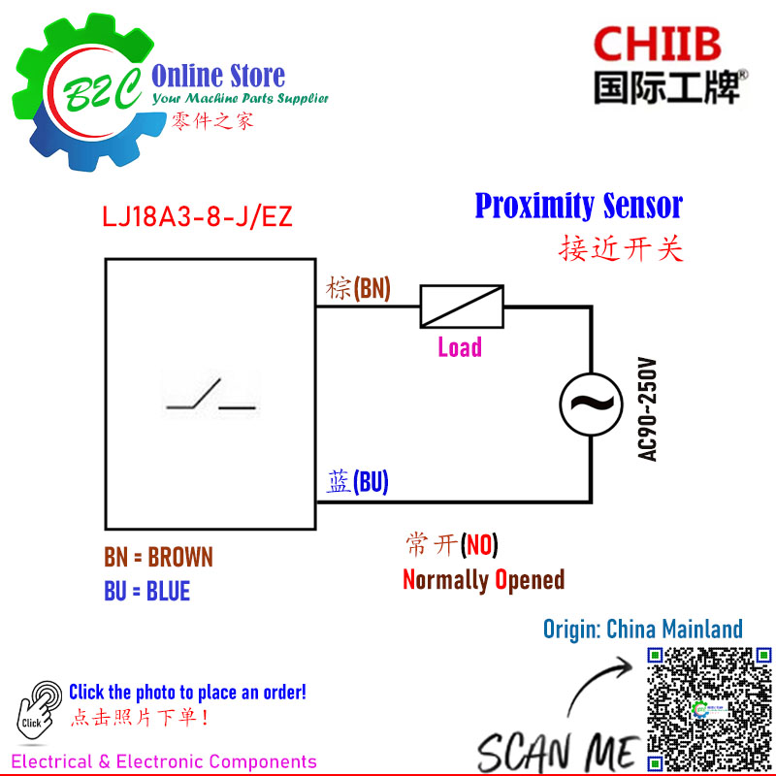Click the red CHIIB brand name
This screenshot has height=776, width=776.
click(658, 44)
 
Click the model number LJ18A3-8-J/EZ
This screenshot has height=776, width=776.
click(197, 216)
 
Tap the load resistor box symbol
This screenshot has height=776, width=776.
click(462, 307)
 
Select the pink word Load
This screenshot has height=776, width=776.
click(460, 347)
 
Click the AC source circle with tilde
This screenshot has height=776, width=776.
click(591, 404)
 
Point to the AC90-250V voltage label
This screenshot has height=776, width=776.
click(647, 409)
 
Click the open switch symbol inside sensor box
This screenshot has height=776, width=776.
click(211, 395)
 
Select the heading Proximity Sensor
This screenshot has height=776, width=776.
click(578, 206)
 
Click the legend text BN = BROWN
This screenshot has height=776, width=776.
click(158, 557)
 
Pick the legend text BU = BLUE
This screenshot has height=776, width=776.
click(147, 591)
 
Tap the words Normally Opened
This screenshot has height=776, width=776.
click(483, 579)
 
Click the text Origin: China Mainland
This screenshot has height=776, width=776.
click(643, 629)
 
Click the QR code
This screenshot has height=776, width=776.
click(709, 710)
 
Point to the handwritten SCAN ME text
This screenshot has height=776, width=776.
click(559, 753)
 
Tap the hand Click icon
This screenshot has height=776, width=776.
click(39, 711)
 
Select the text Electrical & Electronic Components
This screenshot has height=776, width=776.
click(164, 761)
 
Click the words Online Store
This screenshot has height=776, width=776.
click(218, 76)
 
